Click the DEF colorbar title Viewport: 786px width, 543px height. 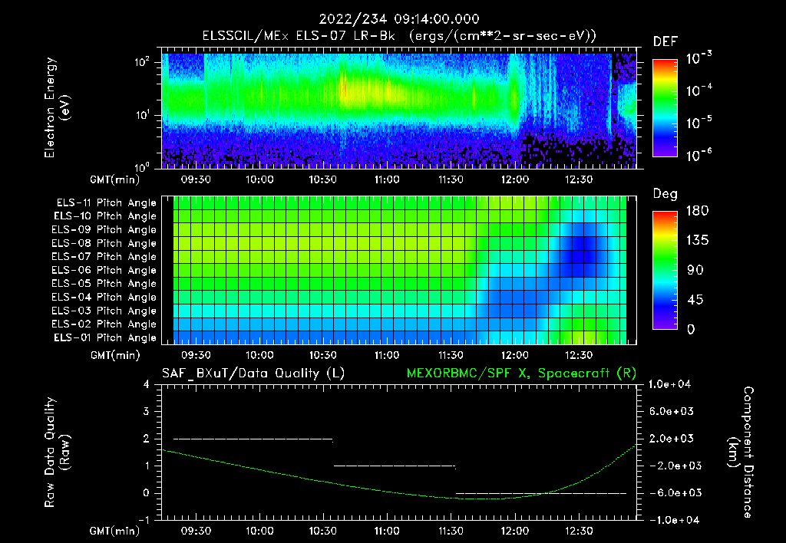coord(665,41)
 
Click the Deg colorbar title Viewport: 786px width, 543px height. coord(665,194)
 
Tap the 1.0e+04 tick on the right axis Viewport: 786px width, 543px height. coord(672,384)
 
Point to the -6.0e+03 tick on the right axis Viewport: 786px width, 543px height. coord(672,492)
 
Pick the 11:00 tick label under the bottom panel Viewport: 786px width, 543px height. coord(387,531)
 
